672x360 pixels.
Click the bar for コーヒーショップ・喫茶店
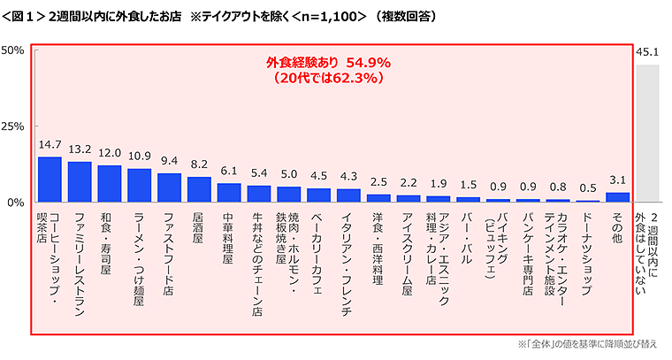50,180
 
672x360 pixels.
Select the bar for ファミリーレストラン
80,182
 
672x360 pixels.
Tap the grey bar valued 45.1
648,133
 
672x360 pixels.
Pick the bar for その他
618,197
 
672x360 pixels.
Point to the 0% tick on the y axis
17,203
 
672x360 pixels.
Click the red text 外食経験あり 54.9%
328,63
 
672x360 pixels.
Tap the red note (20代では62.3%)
328,78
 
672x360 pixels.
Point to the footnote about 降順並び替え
589,344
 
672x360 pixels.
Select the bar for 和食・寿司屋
110,184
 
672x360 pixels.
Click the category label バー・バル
469,234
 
